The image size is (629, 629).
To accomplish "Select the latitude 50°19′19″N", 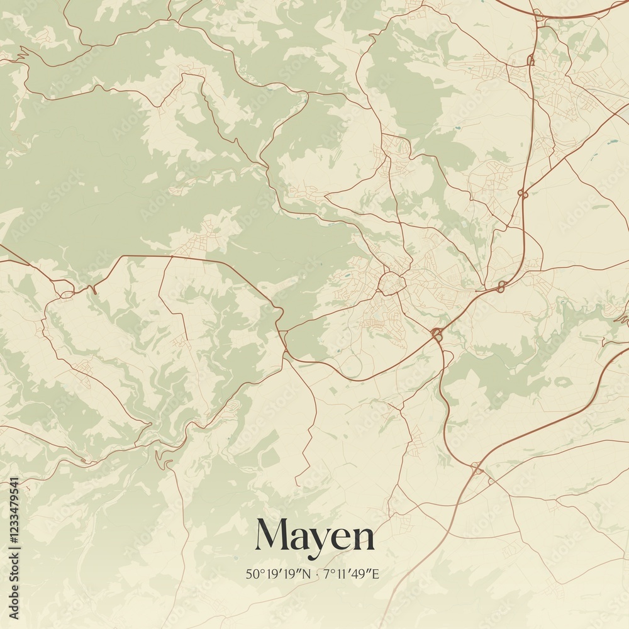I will point(279,574).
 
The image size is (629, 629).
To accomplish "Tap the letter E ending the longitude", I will point(377,574).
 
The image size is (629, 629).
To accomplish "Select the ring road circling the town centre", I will point(391,284).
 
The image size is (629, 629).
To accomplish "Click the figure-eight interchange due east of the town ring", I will point(501,287).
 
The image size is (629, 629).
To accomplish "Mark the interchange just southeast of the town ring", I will point(437,333).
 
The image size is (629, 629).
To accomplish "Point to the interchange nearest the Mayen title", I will point(478,469).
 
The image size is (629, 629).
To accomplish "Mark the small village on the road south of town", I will point(415,434).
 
